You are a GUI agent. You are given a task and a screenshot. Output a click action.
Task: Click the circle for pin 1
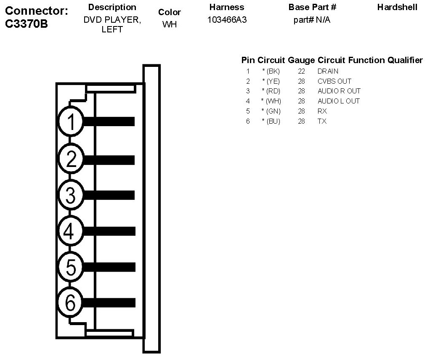point(72,122)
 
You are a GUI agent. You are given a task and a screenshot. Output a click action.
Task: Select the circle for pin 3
point(72,195)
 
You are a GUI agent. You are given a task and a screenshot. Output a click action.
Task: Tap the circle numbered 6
point(71,302)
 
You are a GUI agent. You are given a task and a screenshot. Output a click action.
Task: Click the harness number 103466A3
point(227,20)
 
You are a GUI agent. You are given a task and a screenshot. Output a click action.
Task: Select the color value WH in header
point(170,24)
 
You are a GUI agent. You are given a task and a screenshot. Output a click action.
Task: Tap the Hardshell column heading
point(397,7)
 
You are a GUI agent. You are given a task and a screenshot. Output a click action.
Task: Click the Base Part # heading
point(312,7)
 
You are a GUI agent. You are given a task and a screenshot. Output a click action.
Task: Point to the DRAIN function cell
point(328,71)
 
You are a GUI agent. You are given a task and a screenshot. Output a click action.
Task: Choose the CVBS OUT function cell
point(334,81)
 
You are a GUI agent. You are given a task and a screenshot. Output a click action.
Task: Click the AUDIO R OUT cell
point(339,91)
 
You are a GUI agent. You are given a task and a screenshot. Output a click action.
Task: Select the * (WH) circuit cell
point(271,101)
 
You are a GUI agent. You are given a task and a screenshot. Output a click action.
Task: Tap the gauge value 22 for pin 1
point(301,71)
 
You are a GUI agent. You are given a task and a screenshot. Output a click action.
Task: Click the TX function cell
point(322,121)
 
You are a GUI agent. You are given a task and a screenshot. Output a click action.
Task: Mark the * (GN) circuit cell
point(271,111)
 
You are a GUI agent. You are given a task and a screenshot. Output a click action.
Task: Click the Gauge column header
point(301,60)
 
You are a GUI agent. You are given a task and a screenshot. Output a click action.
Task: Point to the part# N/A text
point(312,20)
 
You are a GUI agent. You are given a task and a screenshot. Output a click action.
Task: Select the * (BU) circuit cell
point(271,121)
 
